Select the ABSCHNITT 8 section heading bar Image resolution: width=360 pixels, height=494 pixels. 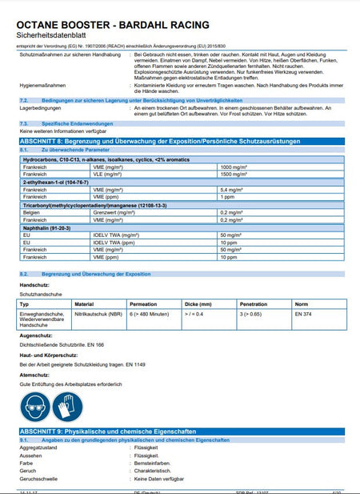[x=179, y=141]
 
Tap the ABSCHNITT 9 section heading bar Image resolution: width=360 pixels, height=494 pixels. [x=179, y=432]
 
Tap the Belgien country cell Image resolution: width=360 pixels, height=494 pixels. [x=32, y=212]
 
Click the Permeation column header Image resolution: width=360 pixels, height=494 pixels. [x=144, y=305]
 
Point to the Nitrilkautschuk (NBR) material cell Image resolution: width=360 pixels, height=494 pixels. [x=98, y=315]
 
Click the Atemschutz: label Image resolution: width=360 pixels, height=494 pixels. [x=34, y=374]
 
